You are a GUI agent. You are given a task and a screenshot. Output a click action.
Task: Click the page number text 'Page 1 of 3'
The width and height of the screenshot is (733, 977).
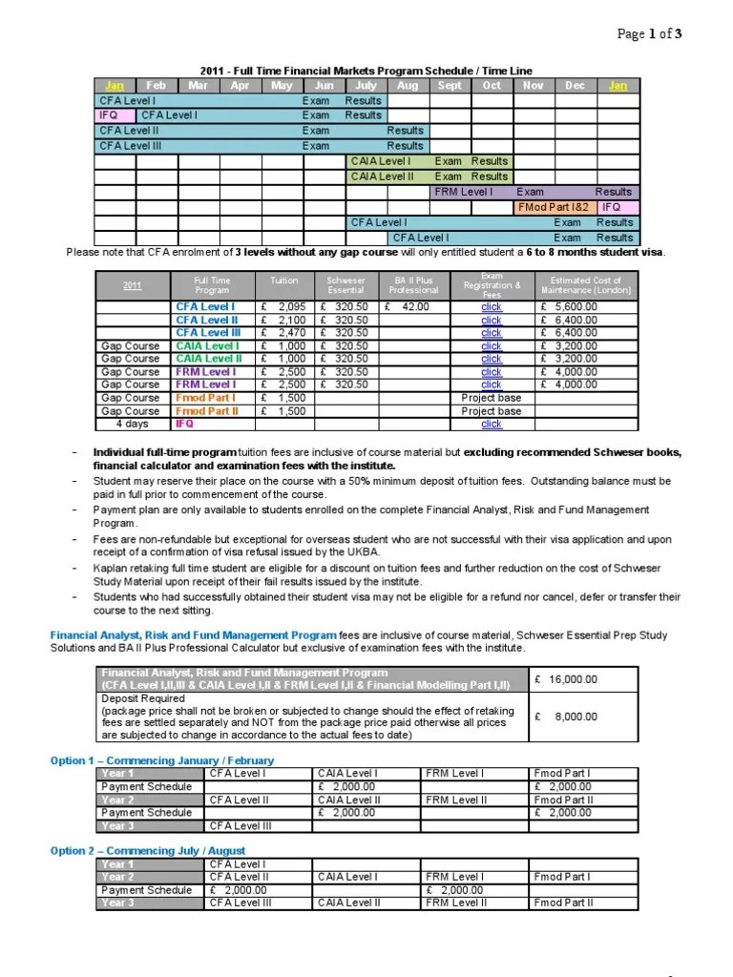click(650, 34)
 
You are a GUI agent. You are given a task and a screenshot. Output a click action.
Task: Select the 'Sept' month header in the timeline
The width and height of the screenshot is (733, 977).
click(450, 85)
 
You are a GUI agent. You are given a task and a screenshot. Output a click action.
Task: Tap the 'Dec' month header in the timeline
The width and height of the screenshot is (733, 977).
click(575, 85)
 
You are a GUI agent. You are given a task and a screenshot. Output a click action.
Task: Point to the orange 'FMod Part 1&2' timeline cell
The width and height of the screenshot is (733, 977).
click(555, 207)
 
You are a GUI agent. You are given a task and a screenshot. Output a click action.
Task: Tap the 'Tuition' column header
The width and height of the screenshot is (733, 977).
click(284, 281)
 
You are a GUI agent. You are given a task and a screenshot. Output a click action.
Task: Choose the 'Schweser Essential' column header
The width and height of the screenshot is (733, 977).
click(346, 285)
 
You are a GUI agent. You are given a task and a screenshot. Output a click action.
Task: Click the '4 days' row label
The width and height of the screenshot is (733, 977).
click(132, 424)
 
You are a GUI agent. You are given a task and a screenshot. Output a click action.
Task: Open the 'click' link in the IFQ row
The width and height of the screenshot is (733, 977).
click(492, 424)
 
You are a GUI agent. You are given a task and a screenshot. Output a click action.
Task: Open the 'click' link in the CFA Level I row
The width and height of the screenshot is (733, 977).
click(492, 307)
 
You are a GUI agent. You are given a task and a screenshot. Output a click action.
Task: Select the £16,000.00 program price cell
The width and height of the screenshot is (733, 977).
click(567, 678)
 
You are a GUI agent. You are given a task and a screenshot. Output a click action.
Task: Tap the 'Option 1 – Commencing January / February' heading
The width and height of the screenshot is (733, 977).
click(162, 760)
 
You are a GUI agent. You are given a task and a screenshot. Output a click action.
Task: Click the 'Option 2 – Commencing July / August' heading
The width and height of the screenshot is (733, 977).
click(148, 850)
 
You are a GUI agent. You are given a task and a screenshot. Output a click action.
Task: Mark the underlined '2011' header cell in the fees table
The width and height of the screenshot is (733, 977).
click(132, 285)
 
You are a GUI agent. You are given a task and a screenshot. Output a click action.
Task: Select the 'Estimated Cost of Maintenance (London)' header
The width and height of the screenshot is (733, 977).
click(586, 285)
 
